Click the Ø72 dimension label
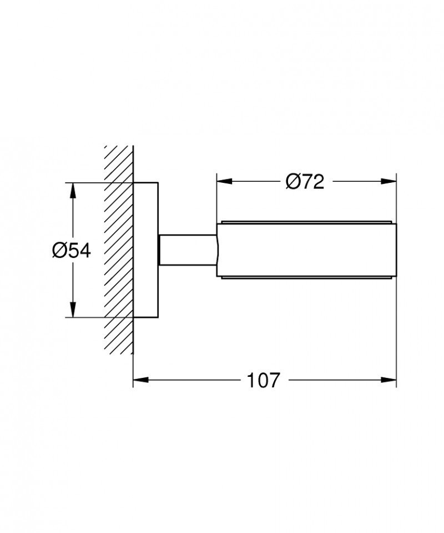(x=305, y=181)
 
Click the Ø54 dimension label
(x=71, y=250)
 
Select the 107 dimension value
(x=263, y=381)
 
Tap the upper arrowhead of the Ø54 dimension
(x=72, y=188)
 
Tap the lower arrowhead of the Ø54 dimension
(x=72, y=312)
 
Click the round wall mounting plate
(x=146, y=250)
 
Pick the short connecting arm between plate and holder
(x=188, y=250)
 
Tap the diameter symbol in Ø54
(x=60, y=250)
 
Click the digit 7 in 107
(x=274, y=381)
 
